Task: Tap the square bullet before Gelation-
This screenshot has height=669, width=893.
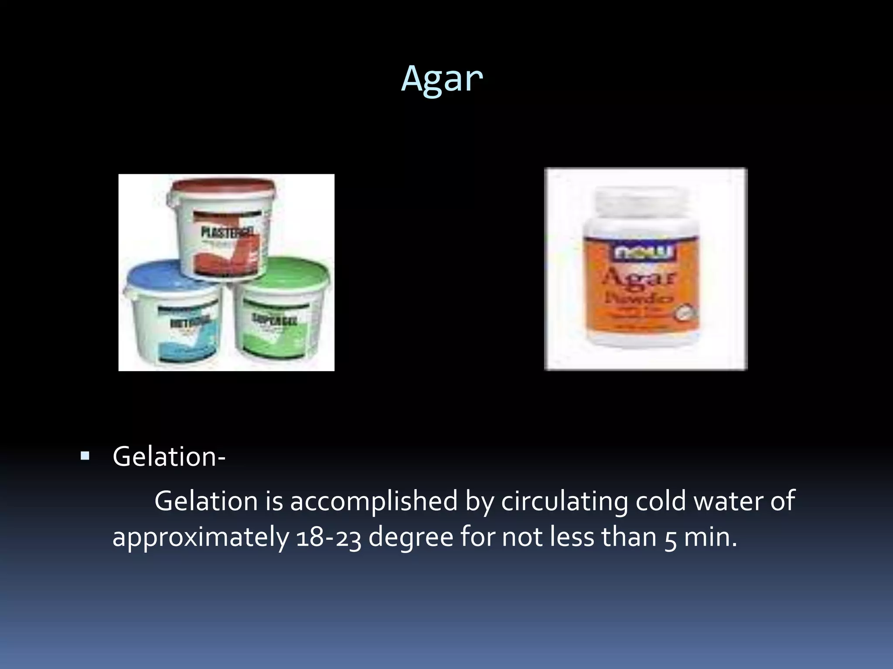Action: click(x=85, y=457)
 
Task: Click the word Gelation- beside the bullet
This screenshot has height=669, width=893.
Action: click(x=169, y=457)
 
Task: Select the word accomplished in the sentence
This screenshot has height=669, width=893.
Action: click(x=374, y=501)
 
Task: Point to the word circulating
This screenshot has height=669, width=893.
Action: click(x=564, y=501)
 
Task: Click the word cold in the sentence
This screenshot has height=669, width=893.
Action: click(x=660, y=501)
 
